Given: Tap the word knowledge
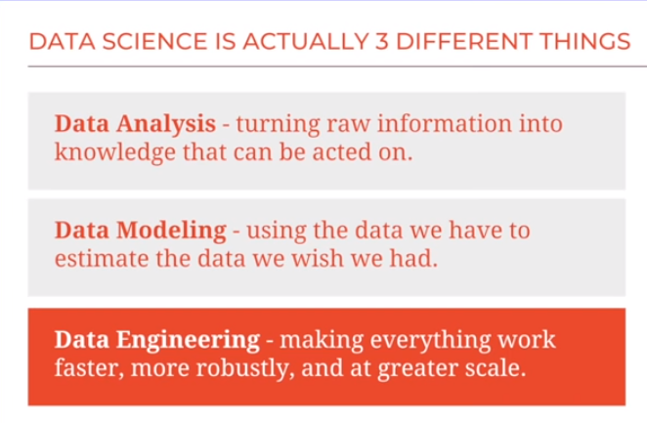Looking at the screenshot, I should click(113, 152).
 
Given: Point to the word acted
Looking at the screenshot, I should click(339, 152).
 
